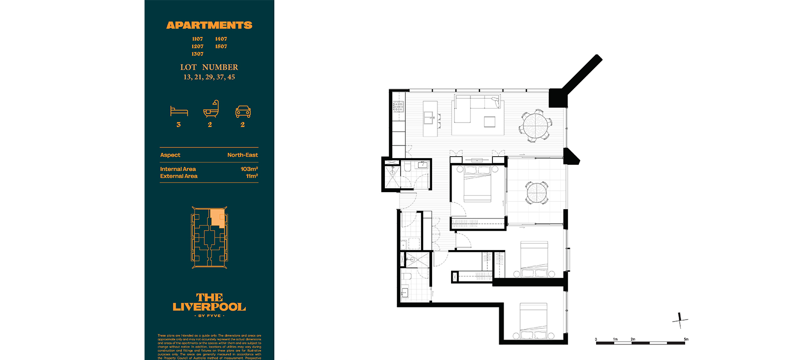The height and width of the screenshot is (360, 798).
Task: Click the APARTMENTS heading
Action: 209,25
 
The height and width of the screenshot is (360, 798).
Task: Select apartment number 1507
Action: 221,47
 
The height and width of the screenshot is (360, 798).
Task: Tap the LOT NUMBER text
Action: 209,67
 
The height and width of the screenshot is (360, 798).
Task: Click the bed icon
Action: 179,111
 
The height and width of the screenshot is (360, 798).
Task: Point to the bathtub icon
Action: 211,110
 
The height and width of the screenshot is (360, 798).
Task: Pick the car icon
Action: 243,111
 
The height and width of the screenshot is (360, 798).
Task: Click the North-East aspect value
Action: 242,155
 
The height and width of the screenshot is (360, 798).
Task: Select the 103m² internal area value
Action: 249,169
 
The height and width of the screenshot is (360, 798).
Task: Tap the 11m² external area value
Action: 252,176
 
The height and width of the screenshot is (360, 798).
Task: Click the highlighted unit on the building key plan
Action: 218,218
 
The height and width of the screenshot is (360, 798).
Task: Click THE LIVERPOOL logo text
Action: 209,302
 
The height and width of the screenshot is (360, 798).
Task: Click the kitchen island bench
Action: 429,118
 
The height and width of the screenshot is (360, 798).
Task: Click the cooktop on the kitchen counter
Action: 398,107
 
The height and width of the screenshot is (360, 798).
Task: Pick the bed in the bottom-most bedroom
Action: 534,321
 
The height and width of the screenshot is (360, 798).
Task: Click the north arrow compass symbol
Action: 680,320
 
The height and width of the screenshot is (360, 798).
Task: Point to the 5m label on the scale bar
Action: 686,339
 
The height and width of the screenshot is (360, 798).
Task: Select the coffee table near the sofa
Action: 490,121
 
